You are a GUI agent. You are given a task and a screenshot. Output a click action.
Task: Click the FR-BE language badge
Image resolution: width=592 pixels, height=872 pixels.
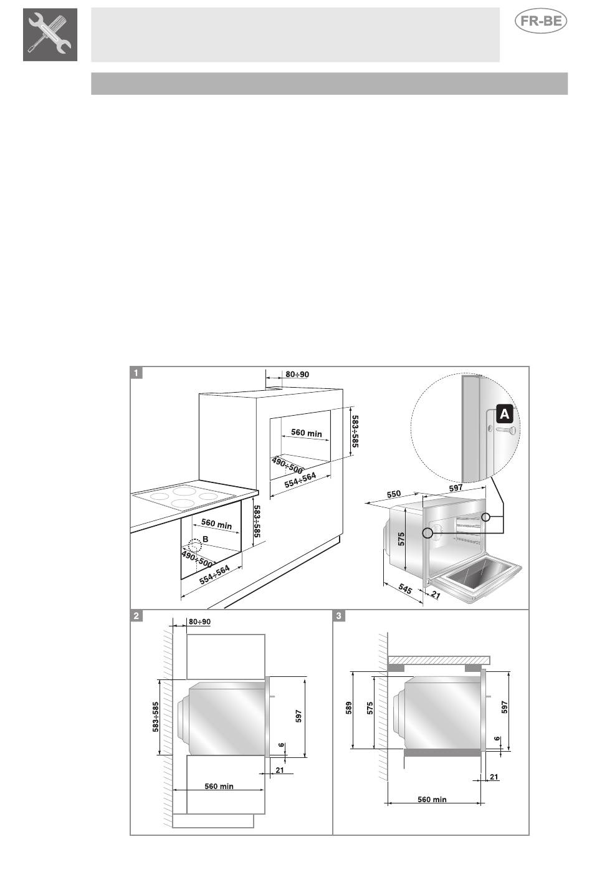(541, 21)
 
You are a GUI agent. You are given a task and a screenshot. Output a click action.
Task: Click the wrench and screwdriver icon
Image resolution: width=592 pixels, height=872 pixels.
(50, 35)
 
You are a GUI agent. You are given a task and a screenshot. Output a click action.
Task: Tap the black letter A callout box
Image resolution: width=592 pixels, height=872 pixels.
(504, 414)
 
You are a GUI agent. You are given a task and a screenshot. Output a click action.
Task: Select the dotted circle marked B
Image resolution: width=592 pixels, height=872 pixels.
(194, 545)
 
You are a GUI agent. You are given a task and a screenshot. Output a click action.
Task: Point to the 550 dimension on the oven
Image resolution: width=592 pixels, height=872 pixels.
(393, 494)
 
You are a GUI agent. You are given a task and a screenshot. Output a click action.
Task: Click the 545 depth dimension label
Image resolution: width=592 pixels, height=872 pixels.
(405, 588)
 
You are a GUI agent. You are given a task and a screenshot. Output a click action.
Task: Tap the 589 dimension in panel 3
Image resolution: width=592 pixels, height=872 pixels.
(349, 707)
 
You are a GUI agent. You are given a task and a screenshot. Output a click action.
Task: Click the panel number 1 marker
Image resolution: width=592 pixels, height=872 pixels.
(136, 373)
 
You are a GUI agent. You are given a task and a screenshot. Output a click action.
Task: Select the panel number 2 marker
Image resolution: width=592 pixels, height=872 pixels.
(136, 616)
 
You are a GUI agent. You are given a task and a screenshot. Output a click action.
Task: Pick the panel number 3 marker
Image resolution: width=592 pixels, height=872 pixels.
(339, 616)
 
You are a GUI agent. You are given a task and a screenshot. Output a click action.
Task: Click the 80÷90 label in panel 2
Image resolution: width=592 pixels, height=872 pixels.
(199, 621)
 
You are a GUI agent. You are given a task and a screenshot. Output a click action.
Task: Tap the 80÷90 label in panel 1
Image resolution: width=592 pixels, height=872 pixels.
(297, 374)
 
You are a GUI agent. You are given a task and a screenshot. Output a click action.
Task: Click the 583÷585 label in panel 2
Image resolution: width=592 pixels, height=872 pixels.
(155, 717)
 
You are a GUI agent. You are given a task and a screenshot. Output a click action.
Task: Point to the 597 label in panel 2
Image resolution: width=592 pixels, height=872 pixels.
(298, 716)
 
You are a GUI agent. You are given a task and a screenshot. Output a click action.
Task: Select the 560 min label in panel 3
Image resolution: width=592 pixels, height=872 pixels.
(432, 799)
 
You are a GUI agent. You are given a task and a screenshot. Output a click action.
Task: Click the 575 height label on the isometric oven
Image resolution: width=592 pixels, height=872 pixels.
(401, 539)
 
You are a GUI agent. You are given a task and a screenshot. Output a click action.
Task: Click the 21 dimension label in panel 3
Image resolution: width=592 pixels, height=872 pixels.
(494, 777)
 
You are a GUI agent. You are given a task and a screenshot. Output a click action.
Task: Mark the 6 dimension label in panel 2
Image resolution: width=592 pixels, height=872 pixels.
(282, 745)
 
